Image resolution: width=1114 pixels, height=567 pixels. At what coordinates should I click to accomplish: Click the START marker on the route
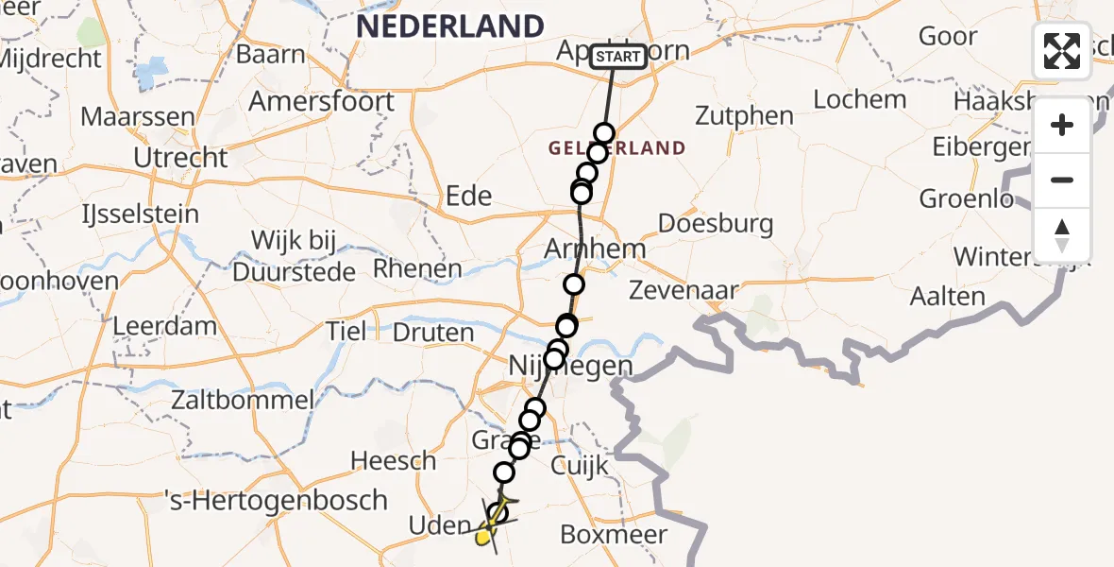618,57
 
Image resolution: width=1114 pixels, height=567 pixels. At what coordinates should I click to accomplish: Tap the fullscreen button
1062,51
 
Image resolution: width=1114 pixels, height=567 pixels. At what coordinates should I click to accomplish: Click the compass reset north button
1062,235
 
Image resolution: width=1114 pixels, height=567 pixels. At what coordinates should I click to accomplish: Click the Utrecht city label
180,157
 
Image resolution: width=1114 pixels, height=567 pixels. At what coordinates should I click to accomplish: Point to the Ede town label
469,196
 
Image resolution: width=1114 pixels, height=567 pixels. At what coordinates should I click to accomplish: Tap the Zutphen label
745,116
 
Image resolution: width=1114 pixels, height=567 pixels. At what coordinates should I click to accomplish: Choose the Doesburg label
716,224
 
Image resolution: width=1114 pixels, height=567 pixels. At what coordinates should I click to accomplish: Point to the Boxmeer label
614,534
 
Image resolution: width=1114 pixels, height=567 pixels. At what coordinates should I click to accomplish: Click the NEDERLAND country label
450,26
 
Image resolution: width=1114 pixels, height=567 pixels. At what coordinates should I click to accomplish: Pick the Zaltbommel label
243,399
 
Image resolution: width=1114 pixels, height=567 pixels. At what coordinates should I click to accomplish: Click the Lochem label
859,98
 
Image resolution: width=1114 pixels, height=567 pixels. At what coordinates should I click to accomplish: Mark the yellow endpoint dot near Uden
484,538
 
